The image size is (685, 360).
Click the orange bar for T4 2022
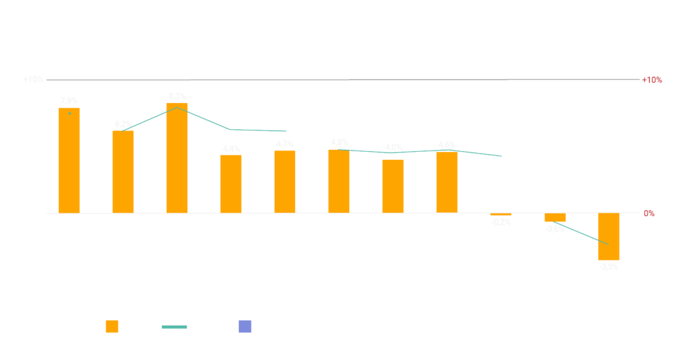point(69,161)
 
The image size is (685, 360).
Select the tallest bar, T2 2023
point(177,158)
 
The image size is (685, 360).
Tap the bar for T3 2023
point(231,184)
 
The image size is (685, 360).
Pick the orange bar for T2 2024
point(393,186)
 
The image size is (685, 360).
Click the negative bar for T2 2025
point(609,236)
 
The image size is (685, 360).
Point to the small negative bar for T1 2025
point(555,217)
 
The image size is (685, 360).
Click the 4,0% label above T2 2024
point(393,147)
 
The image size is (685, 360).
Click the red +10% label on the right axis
point(652,80)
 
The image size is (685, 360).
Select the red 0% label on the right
point(649,213)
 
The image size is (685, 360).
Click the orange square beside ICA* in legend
point(112,327)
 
